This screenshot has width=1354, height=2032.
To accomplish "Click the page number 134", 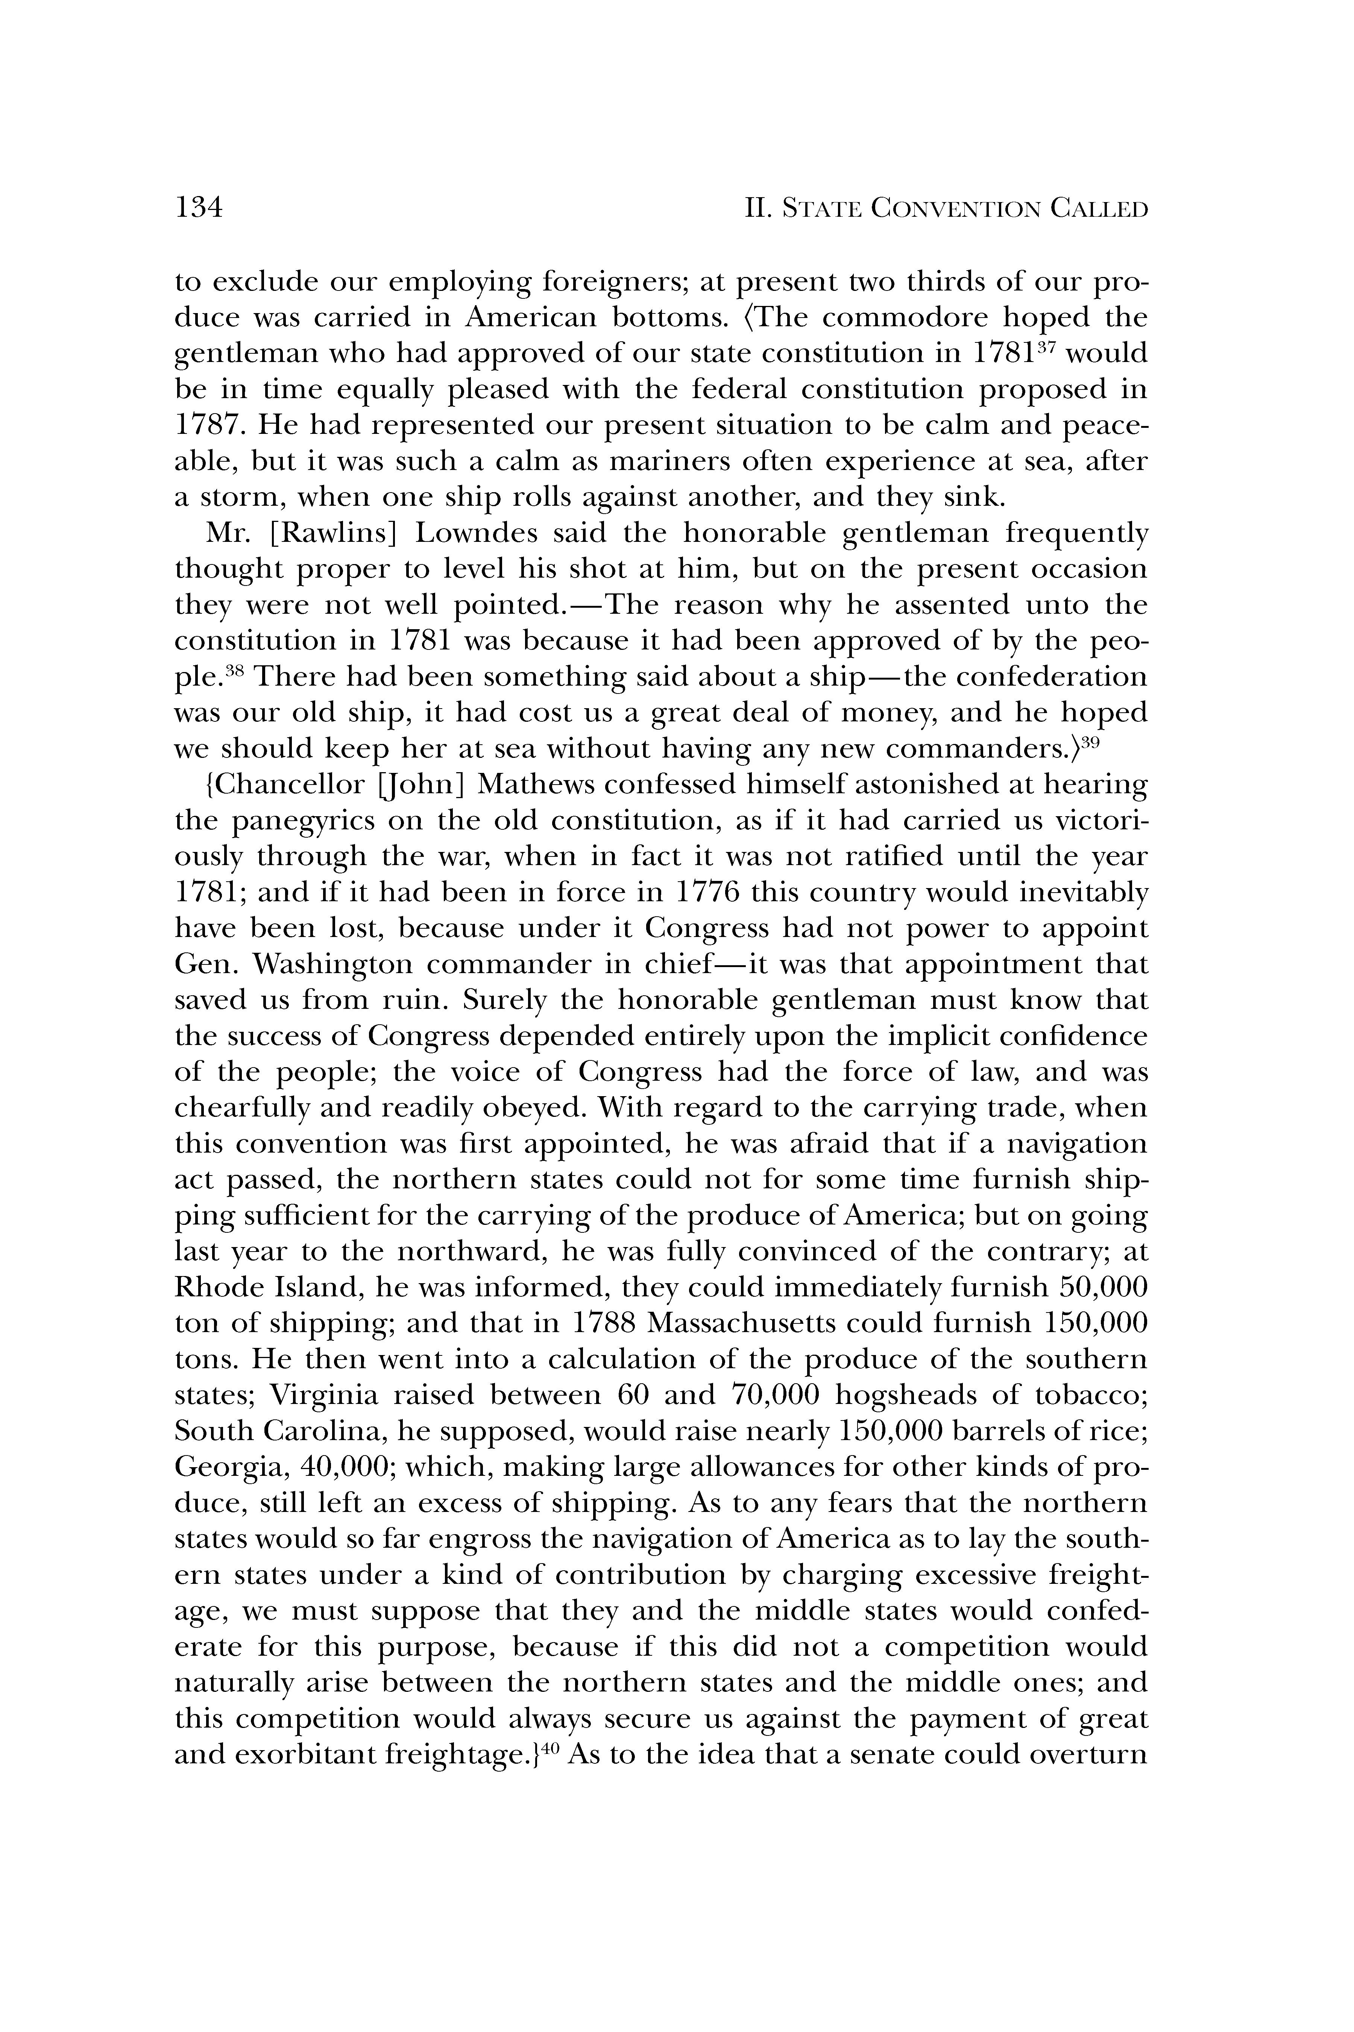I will [199, 208].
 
